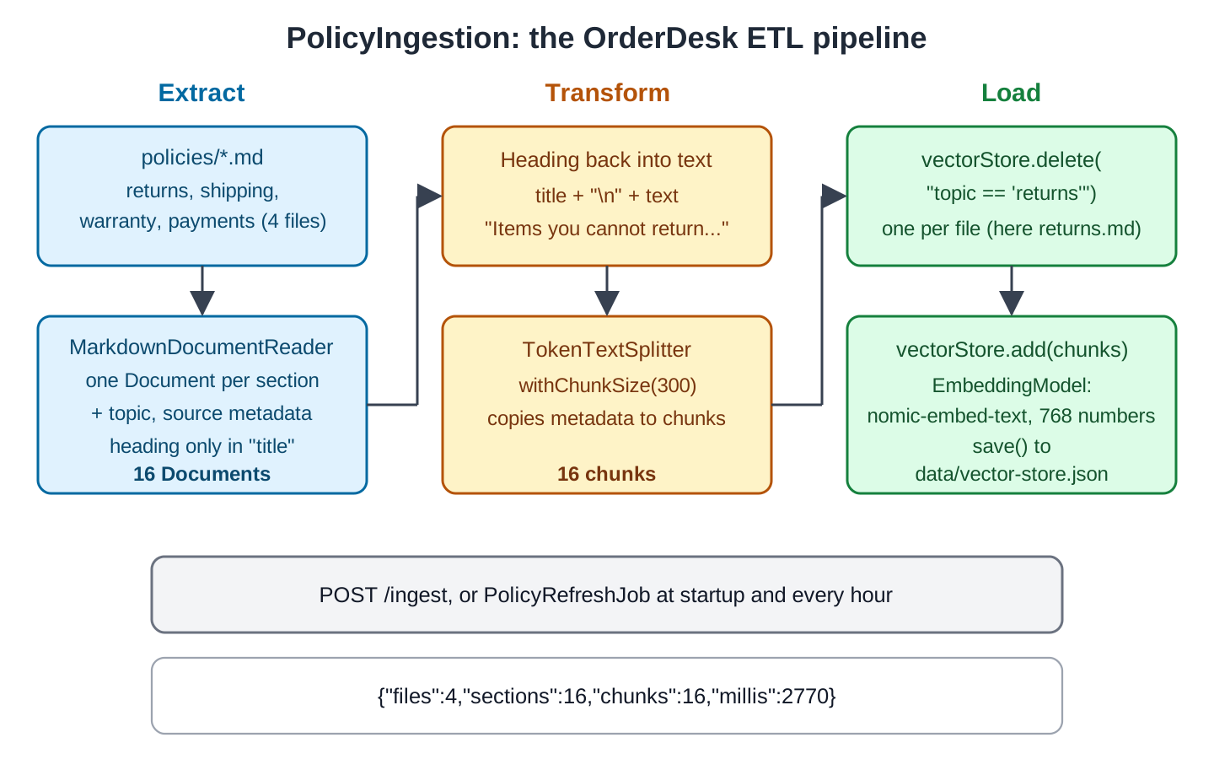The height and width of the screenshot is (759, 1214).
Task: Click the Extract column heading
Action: tap(201, 93)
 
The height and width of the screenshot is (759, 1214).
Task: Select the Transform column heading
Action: tap(607, 93)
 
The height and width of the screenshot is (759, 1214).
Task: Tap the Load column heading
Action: tap(1011, 93)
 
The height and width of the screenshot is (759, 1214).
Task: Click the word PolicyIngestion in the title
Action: tap(403, 39)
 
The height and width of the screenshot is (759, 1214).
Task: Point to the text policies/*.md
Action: tap(202, 157)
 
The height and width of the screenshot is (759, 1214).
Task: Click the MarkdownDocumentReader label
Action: tap(201, 347)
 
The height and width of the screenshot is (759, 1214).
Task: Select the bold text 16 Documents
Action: tap(201, 474)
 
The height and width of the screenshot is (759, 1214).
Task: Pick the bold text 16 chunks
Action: tap(606, 474)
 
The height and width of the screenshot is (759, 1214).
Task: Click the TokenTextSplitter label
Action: tap(606, 350)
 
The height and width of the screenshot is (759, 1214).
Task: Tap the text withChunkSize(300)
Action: tap(607, 385)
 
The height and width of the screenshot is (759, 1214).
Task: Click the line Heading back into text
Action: tap(606, 160)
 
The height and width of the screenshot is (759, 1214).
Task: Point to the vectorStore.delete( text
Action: tap(1012, 160)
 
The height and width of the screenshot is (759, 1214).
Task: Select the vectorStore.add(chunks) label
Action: tap(1012, 350)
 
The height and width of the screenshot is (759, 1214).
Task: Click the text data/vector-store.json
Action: tap(1012, 474)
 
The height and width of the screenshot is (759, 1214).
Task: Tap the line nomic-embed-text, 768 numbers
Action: tap(1011, 416)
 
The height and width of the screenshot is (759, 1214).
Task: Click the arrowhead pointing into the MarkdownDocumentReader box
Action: tap(202, 303)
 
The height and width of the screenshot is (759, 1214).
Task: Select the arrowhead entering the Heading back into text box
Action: tap(429, 196)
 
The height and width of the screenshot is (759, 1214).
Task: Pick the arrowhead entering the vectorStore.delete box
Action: tap(834, 196)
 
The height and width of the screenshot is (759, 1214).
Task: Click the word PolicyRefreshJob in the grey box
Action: tap(567, 595)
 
